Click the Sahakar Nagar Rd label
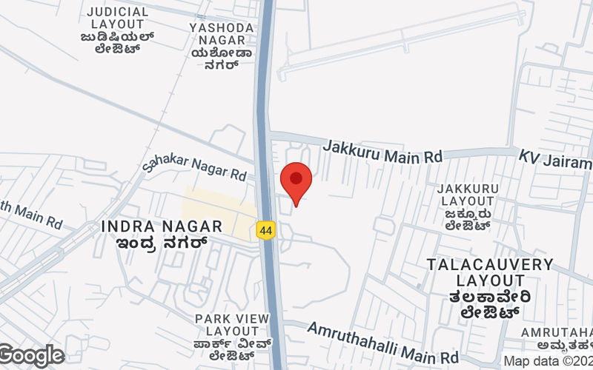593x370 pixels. coord(194,169)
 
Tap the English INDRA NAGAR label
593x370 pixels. coord(162,226)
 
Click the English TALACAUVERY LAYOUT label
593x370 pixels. coord(490,272)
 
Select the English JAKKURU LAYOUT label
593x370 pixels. coord(466,195)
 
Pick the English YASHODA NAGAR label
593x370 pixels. coord(222,34)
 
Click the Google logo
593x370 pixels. coord(31,356)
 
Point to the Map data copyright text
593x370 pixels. coord(548,361)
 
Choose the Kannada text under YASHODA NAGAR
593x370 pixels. coord(222,58)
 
